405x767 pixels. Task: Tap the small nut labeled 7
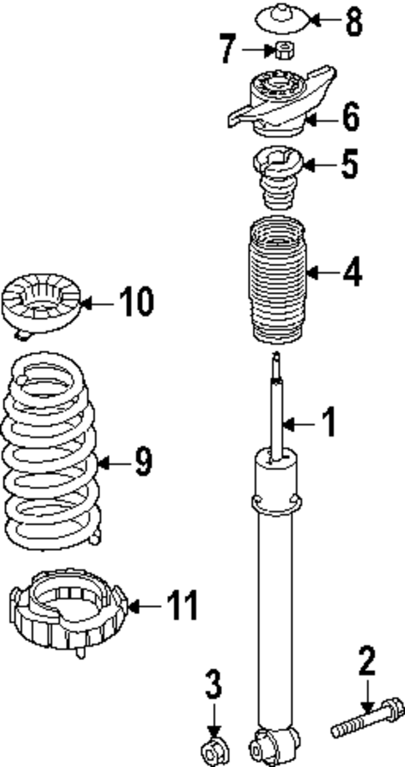283,50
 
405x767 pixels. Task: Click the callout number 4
354,272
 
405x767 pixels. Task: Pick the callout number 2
367,661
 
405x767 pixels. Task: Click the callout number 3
215,686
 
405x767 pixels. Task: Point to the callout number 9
143,461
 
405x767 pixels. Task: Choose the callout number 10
135,303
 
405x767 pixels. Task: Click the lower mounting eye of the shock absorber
275,740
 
